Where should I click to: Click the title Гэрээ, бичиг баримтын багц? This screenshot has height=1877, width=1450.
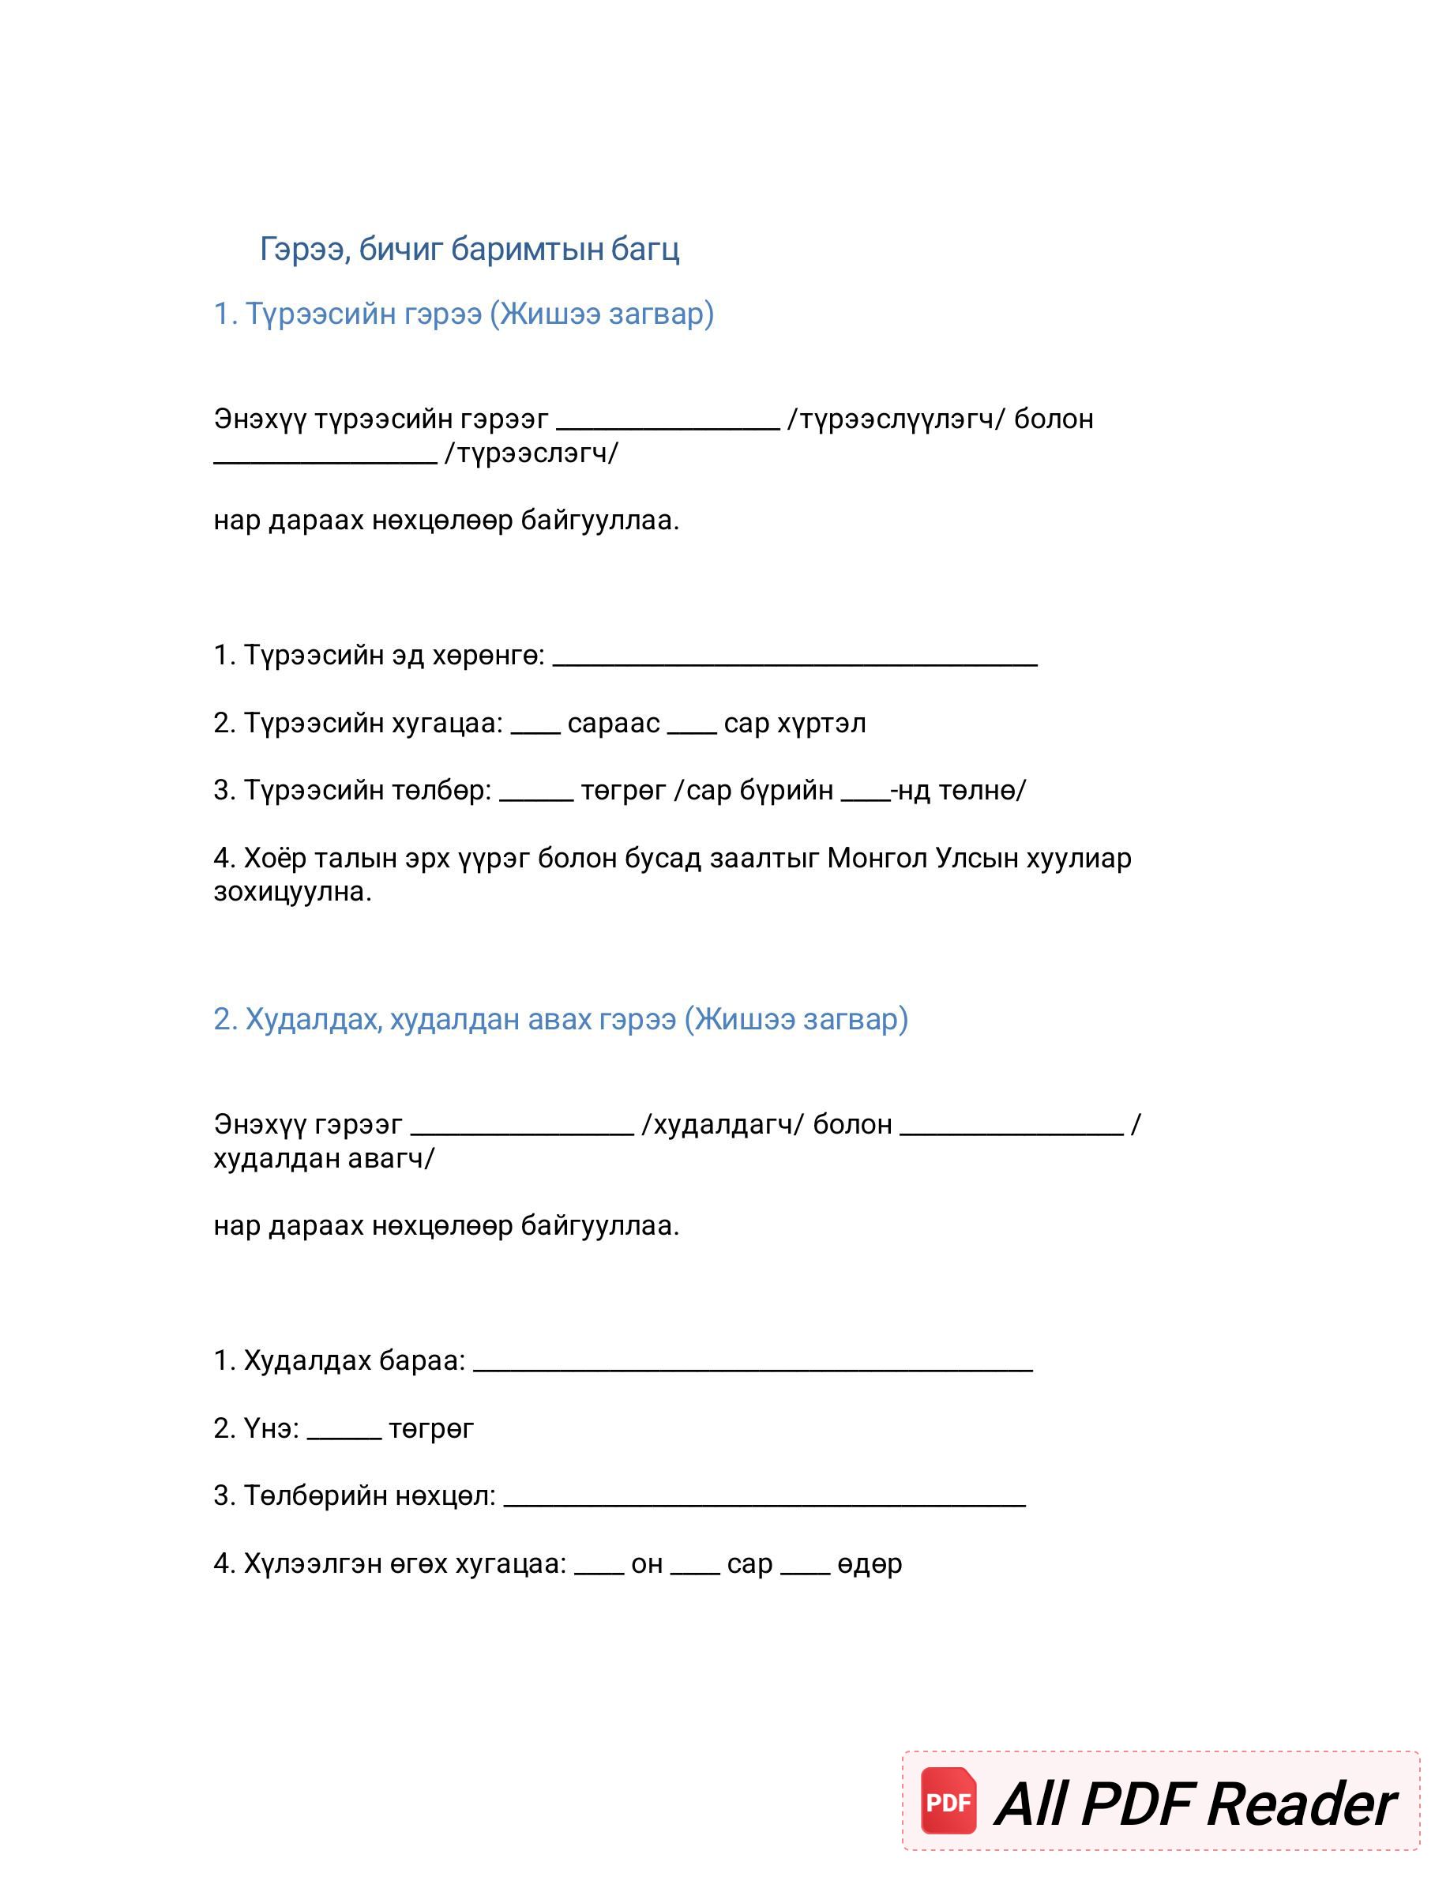coord(469,249)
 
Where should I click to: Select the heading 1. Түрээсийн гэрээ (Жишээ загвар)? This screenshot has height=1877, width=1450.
coord(463,314)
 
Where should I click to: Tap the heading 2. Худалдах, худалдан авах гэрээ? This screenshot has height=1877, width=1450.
coord(560,1019)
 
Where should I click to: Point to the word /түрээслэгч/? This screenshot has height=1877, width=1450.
coord(531,453)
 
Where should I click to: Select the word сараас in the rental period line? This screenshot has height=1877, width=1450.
coord(614,724)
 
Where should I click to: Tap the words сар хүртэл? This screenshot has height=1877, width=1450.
coord(794,724)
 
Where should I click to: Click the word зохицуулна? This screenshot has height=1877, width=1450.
coord(292,892)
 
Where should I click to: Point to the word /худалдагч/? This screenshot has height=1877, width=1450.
coord(723,1125)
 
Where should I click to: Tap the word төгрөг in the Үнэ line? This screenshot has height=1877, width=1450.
coord(431,1429)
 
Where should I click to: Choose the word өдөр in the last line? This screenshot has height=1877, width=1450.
coord(870,1564)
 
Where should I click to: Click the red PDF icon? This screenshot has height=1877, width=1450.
coord(949,1801)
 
